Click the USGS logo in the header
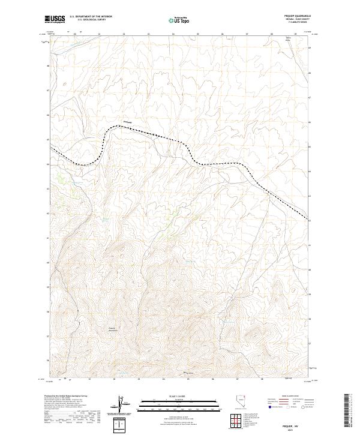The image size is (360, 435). tap(56, 20)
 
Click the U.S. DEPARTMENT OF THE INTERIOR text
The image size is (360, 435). tap(91, 17)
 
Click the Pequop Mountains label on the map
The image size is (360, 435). tap(112, 329)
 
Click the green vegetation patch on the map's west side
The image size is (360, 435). tap(61, 179)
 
